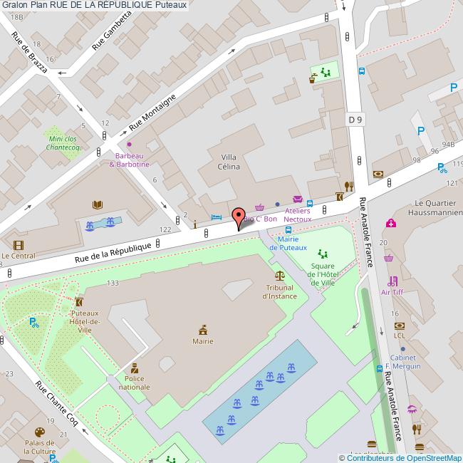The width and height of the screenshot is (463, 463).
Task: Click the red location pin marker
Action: (238, 218)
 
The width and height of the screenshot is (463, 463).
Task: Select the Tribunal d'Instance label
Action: (279, 291)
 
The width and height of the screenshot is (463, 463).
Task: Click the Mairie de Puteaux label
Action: (288, 243)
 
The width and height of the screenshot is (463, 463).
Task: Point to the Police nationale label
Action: (134, 383)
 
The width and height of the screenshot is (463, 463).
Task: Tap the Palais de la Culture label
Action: (39, 447)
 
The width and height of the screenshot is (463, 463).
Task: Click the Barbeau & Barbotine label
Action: (129, 160)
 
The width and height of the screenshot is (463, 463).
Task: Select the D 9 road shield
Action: (355, 120)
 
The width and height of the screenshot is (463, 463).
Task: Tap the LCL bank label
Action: (400, 335)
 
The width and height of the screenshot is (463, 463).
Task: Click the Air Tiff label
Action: (392, 292)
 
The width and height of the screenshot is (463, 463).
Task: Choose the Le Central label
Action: (18, 256)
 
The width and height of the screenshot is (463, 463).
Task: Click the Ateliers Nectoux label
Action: (298, 215)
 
